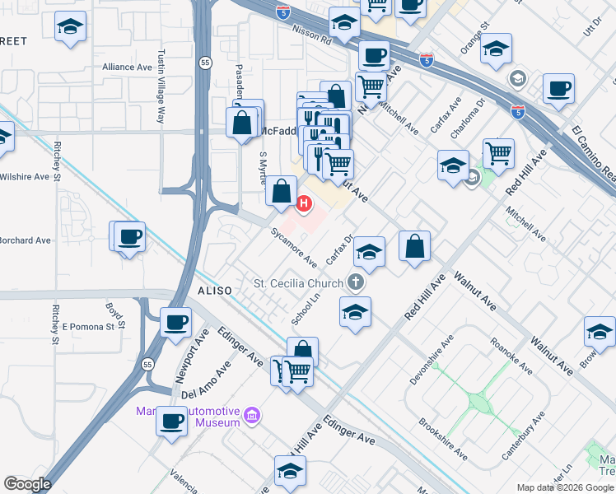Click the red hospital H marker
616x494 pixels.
tap(304, 203)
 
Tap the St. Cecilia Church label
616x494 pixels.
tap(297, 284)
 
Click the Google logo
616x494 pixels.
tap(27, 483)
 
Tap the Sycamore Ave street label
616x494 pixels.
tap(295, 249)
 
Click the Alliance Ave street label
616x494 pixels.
tap(128, 68)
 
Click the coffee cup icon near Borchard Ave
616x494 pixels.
tap(130, 238)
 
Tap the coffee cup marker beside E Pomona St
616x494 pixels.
tap(175, 323)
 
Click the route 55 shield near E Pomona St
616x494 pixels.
tap(147, 364)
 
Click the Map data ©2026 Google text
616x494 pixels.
tap(564, 487)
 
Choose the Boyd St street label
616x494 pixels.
tap(114, 316)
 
